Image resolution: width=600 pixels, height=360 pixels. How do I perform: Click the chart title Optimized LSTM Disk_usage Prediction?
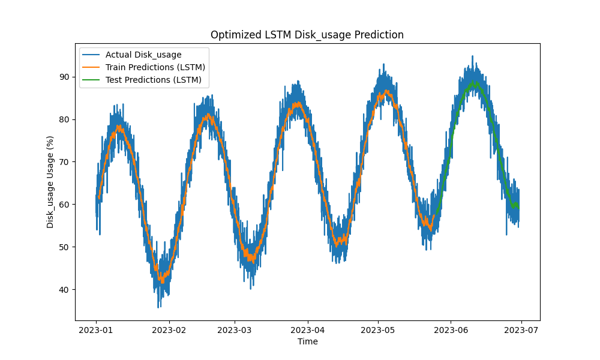(307, 35)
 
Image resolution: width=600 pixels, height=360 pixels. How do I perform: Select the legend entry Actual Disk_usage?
(143, 55)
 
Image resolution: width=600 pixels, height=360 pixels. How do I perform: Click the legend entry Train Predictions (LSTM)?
(155, 67)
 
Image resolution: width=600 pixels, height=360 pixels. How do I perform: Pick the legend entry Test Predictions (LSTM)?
(153, 79)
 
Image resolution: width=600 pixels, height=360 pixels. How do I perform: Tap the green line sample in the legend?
(93, 79)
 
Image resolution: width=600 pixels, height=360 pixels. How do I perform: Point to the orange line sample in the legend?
(93, 67)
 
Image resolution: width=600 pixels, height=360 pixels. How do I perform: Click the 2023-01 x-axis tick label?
(97, 329)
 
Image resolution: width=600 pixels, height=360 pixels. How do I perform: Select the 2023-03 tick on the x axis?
(235, 329)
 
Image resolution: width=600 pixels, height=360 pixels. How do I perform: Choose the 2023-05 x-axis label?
(378, 329)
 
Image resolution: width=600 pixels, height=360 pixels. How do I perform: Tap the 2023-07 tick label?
(521, 329)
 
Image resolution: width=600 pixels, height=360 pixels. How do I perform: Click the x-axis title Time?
(307, 341)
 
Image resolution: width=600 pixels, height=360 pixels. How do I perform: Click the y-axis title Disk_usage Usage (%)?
(50, 182)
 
